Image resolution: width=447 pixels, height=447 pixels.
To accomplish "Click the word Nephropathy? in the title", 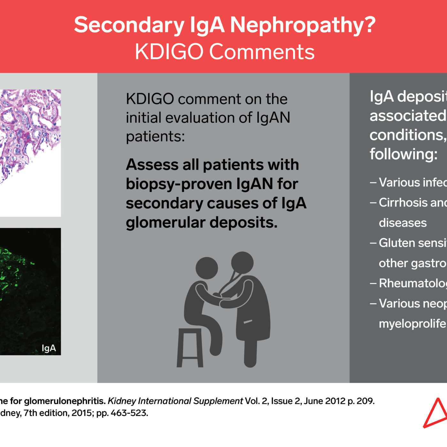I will (x=302, y=25).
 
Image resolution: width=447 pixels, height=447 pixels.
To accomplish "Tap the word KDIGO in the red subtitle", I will (x=169, y=52).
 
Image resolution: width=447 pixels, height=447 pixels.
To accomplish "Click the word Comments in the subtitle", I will (x=262, y=52).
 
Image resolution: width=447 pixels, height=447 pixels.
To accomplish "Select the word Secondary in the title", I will (x=129, y=25).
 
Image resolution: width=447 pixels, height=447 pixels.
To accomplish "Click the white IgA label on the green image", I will (x=49, y=348).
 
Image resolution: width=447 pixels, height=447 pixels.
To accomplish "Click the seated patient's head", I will (x=207, y=268).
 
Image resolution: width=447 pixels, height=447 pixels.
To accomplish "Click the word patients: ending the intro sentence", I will (x=155, y=136).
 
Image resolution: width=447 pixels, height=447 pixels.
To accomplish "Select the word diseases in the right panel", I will (x=403, y=223).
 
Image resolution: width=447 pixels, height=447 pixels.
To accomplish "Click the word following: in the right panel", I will (x=403, y=154).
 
